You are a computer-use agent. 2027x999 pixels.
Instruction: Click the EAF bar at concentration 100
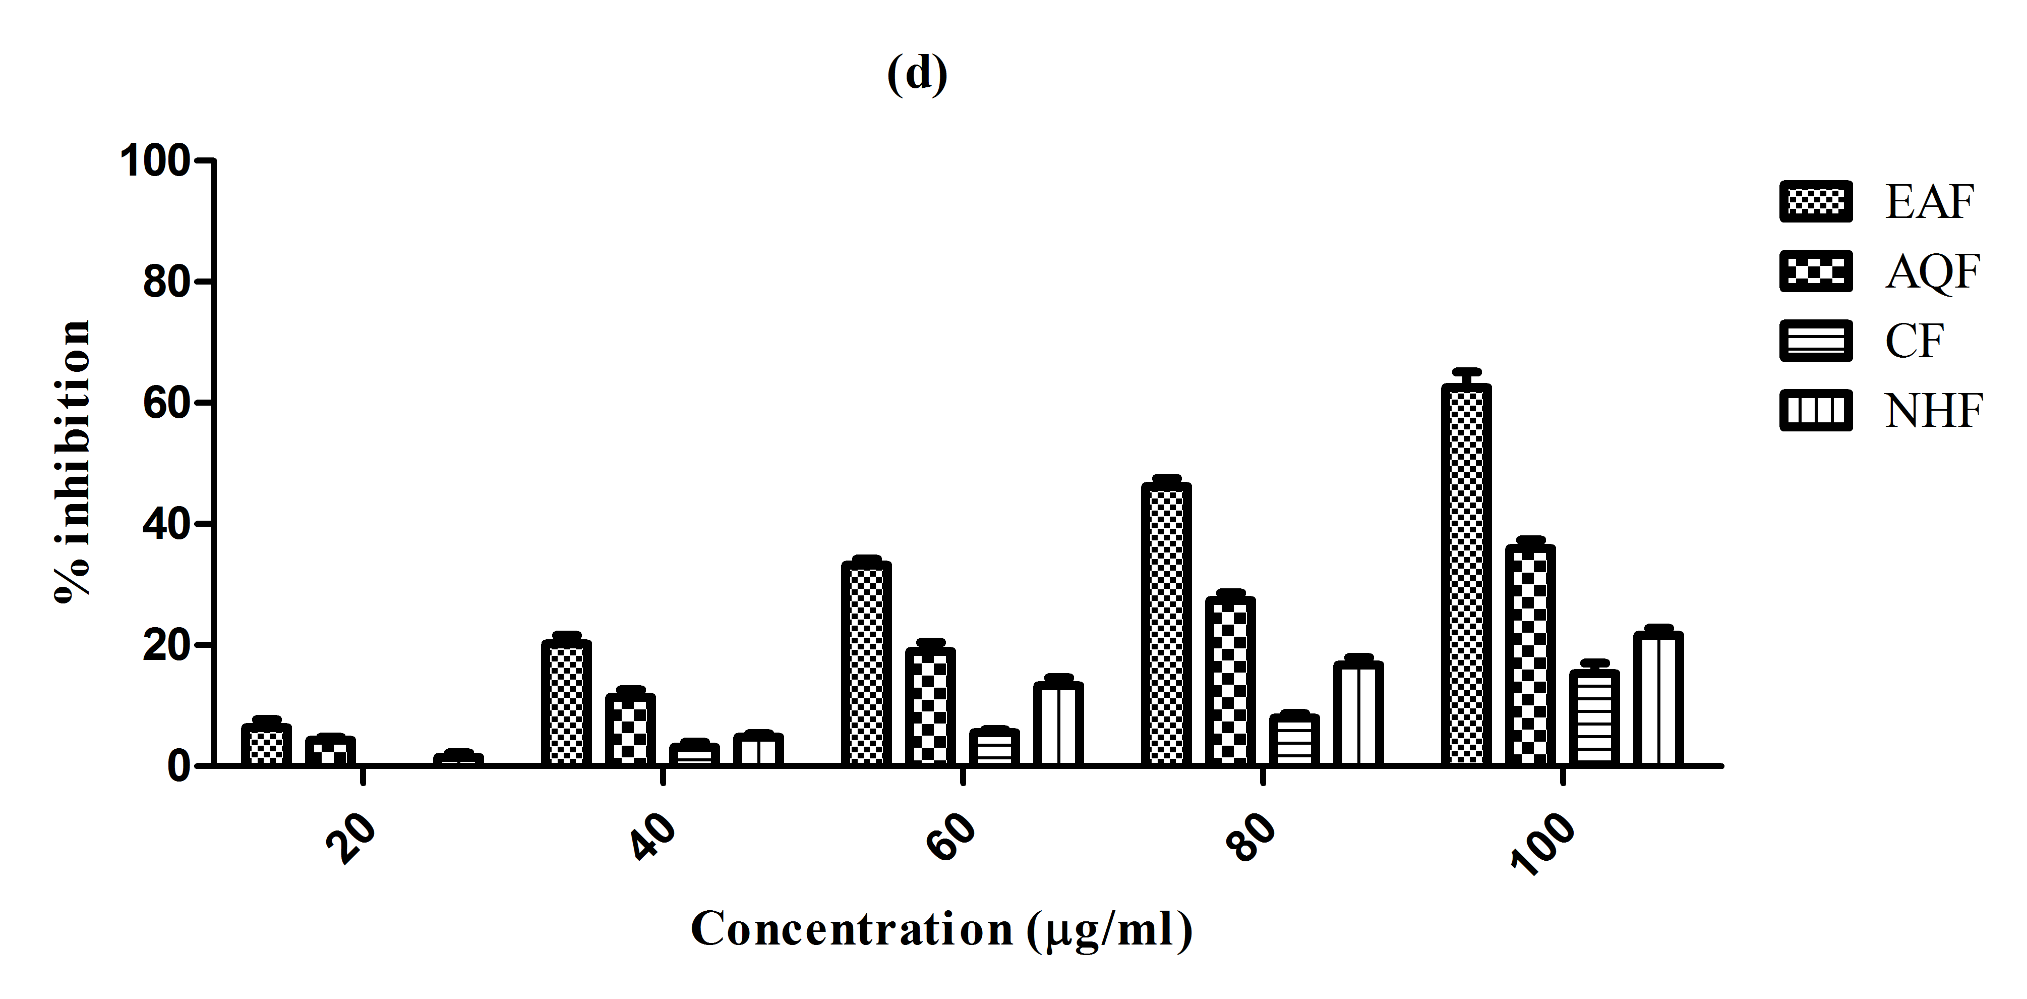click(x=1466, y=575)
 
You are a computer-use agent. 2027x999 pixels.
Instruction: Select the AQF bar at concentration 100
click(x=1530, y=655)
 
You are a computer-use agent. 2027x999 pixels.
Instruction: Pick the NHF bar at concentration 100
click(x=1658, y=698)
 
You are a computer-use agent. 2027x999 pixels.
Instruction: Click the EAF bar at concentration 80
click(x=1166, y=624)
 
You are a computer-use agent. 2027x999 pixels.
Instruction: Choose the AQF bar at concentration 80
click(x=1230, y=681)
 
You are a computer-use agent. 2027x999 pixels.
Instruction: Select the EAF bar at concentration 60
click(x=866, y=663)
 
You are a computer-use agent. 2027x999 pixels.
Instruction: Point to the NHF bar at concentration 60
click(x=1058, y=724)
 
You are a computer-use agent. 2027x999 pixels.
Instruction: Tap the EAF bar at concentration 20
click(x=266, y=744)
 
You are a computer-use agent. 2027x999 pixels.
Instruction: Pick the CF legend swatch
click(x=1815, y=341)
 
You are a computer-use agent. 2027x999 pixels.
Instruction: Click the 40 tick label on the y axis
click(x=167, y=524)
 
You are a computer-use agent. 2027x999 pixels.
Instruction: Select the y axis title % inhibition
click(x=73, y=461)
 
